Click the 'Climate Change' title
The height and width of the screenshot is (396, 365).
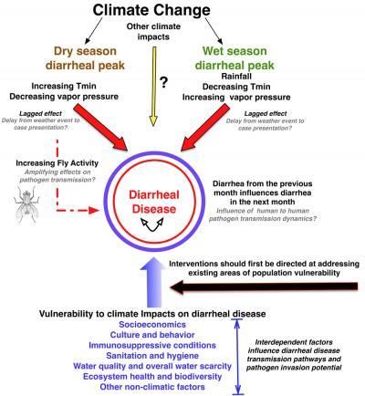[x=151, y=10]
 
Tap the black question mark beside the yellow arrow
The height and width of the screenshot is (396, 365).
[x=164, y=82]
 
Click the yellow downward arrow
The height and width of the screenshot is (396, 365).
[x=154, y=87]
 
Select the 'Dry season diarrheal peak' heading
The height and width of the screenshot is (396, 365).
[x=85, y=57]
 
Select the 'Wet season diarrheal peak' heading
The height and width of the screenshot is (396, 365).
[x=235, y=57]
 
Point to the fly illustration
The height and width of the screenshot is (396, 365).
[x=26, y=203]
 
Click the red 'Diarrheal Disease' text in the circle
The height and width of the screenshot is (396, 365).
[x=154, y=202]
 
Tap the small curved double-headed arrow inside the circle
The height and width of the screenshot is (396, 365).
[x=152, y=224]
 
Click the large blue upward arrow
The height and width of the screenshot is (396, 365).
[x=153, y=282]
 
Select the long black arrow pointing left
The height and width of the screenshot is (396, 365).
[x=264, y=287]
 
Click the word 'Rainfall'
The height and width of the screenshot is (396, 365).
[x=236, y=76]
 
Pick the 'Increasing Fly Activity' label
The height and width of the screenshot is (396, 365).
[x=57, y=163]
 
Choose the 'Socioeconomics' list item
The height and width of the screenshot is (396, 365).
[x=152, y=324]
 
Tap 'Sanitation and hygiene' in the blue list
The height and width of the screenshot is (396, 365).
[x=152, y=355]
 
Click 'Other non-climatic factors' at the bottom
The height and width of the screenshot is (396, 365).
[x=152, y=387]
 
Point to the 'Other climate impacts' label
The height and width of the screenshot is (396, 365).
[x=153, y=31]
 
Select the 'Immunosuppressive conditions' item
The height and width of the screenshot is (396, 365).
[x=152, y=345]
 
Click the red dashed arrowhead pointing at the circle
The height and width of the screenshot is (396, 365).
[x=94, y=210]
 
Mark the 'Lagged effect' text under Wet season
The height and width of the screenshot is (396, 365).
[x=266, y=113]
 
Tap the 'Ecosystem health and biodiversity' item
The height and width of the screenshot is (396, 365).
[x=152, y=376]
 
